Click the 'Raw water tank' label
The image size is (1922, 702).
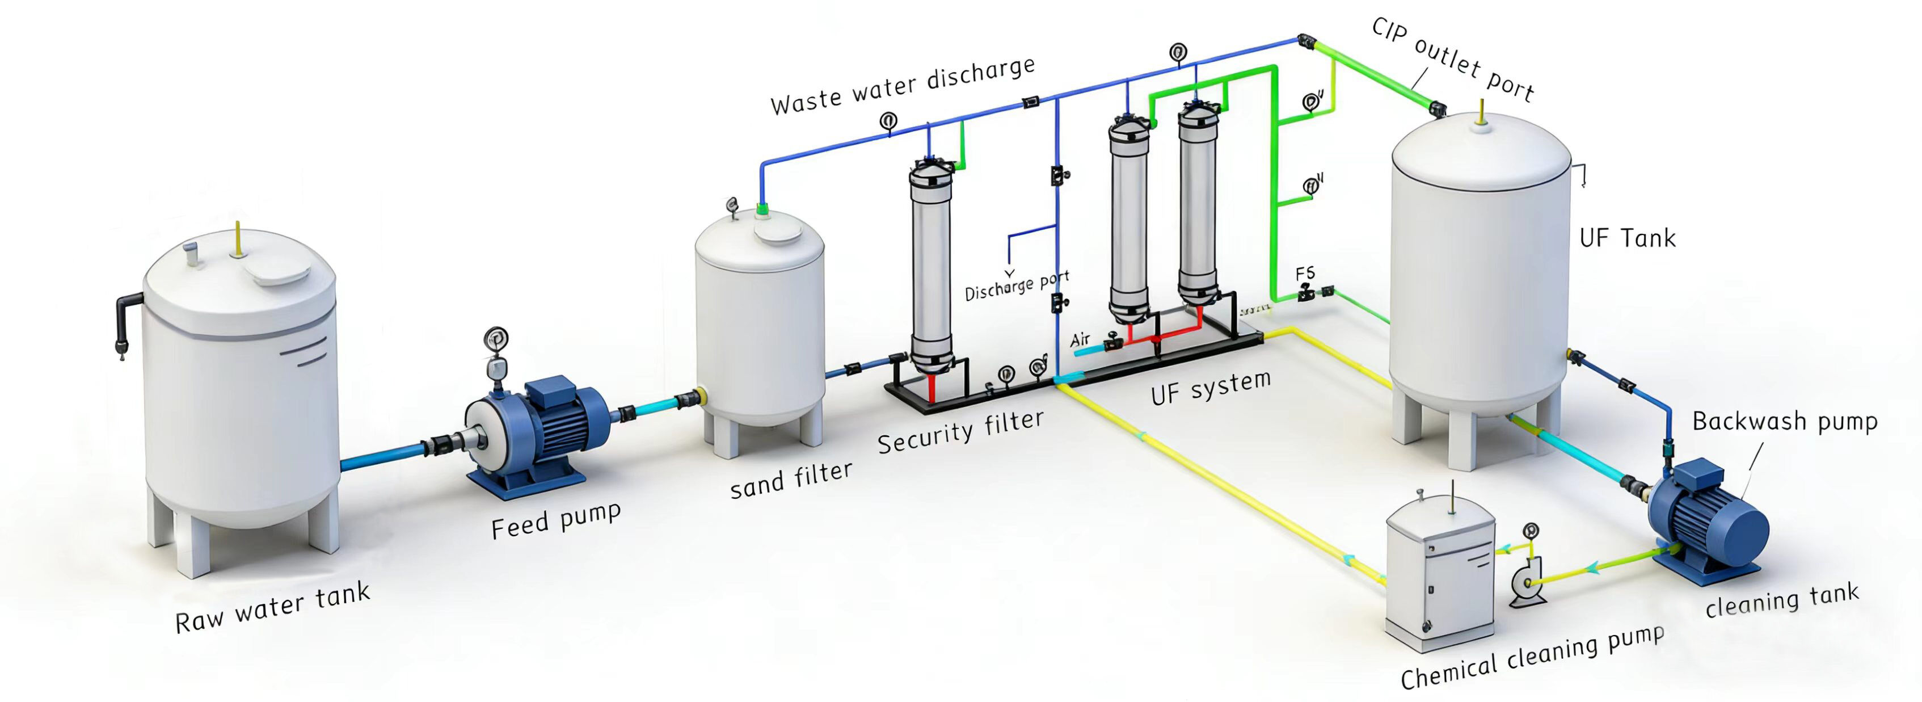coord(272,608)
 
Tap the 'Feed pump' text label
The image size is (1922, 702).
coord(556,519)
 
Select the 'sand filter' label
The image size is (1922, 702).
coord(791,480)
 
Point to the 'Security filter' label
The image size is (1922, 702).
coord(960,432)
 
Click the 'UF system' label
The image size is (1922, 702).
coord(1210,388)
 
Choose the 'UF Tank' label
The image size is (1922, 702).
coord(1627,239)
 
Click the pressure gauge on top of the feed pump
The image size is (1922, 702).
coord(495,339)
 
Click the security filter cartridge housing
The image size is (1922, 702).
coord(931,268)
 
